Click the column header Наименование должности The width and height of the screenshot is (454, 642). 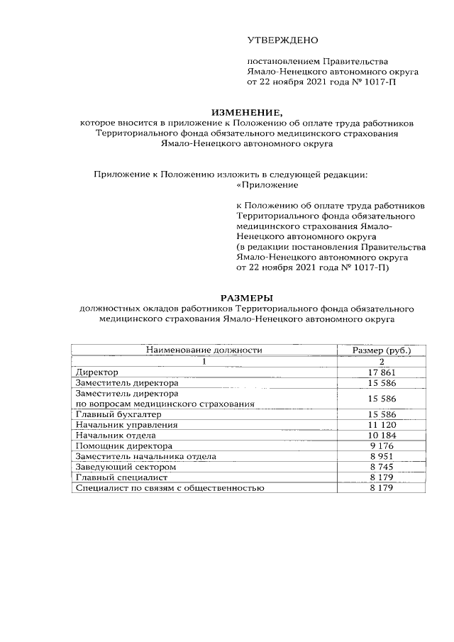coord(204,350)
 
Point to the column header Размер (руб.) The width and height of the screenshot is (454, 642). coord(382,350)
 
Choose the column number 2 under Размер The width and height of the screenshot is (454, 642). coord(382,361)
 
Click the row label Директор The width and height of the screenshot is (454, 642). coord(97,372)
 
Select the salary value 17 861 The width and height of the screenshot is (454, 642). coord(382,372)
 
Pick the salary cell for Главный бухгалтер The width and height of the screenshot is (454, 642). coord(382,414)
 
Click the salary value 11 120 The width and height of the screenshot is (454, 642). coord(382,424)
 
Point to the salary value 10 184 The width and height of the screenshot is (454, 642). coord(382,435)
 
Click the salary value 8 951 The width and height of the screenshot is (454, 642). coord(382,457)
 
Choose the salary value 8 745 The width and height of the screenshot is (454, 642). coord(382,467)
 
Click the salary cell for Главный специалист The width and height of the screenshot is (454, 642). coord(382,478)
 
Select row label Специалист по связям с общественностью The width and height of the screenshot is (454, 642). coord(170,489)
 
